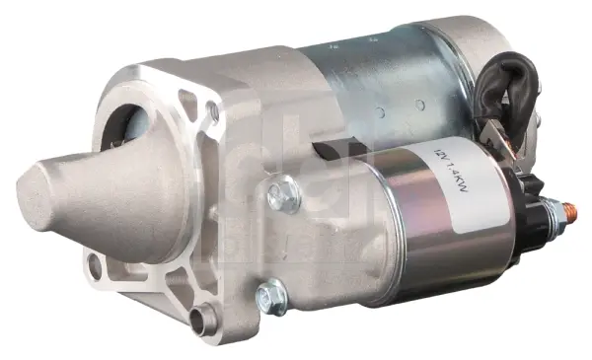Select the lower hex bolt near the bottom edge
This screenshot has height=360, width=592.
pyautogui.click(x=267, y=296)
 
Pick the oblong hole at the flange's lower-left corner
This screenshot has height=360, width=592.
pyautogui.click(x=96, y=264)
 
